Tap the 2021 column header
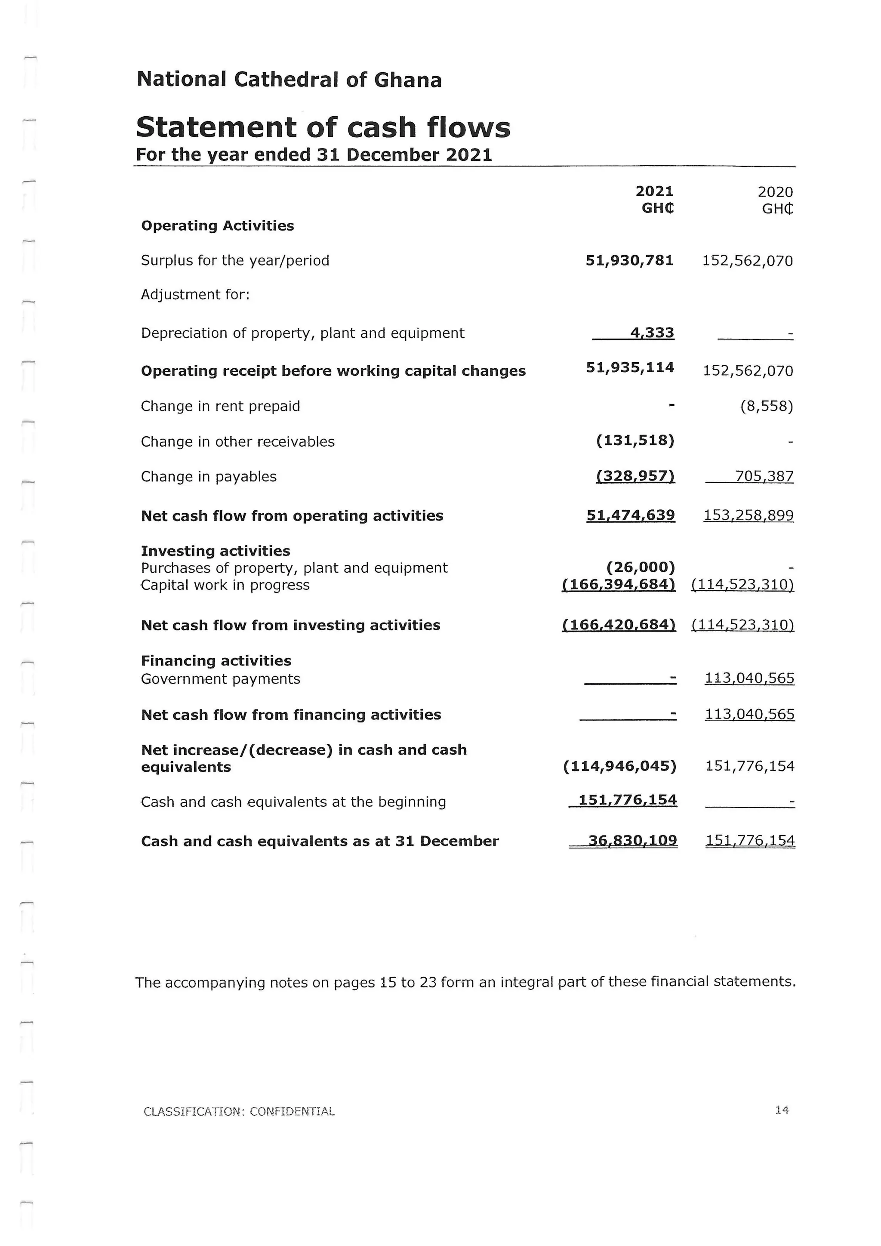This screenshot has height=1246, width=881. (654, 191)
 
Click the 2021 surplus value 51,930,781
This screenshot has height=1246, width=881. (629, 260)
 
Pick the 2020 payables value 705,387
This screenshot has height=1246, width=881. (764, 476)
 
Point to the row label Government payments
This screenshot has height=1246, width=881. (220, 679)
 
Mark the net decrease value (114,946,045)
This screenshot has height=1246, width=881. (619, 766)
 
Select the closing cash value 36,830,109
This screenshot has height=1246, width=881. (632, 841)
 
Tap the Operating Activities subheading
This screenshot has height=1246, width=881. (218, 226)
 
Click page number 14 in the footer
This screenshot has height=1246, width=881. (782, 1110)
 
